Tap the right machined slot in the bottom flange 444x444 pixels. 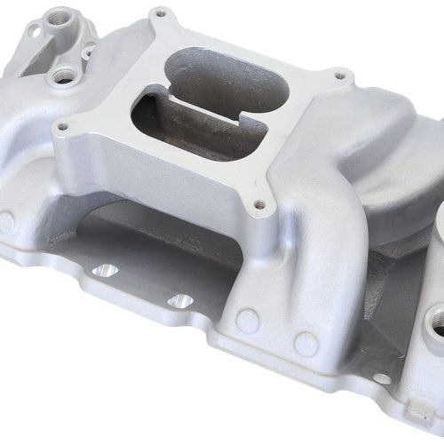tap(180, 301)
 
